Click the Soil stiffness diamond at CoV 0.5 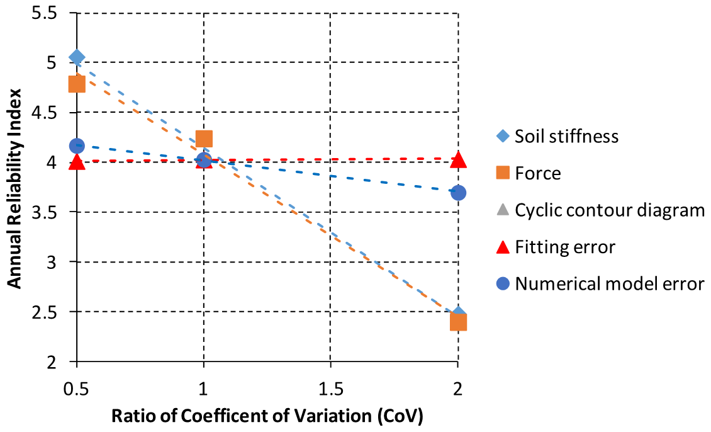77,57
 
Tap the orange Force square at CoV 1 204,139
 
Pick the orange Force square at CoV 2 458,322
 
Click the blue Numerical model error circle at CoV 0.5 77,146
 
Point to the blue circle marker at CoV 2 458,193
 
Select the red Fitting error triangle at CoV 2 458,160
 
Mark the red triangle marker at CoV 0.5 77,162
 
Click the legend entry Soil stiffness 566,136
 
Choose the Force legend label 538,173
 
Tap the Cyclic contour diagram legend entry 610,210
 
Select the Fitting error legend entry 564,247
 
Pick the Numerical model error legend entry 609,284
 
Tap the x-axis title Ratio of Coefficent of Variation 267,416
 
